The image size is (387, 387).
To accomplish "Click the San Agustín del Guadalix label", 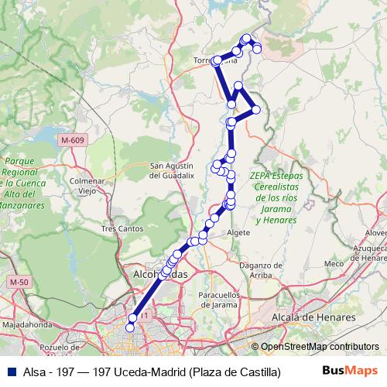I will pos(177,170).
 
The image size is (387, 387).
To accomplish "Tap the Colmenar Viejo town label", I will pos(87,185).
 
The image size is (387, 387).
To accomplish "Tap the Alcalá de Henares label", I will pos(313,317).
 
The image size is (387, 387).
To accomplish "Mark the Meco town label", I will pos(334,264).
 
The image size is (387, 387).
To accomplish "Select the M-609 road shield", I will pos(71,140).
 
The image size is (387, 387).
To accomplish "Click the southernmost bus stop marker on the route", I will pos(130,327).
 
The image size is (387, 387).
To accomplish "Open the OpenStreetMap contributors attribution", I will pos(320,346).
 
